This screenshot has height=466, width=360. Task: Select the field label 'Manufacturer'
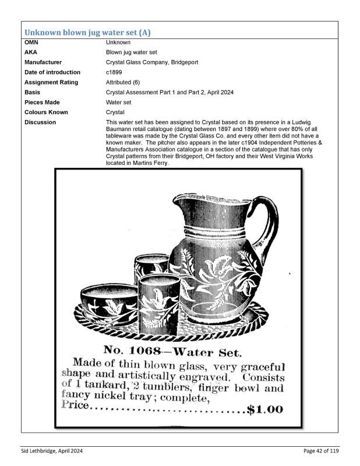tap(43, 62)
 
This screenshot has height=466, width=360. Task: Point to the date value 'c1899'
tap(114, 72)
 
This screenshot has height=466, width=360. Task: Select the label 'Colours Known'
tap(46, 112)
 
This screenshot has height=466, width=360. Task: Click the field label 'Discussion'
tap(40, 122)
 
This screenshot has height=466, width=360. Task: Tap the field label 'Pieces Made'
tap(42, 102)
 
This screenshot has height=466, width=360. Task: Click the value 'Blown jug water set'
tap(132, 52)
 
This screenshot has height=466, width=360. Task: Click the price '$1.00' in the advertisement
tap(265, 409)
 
